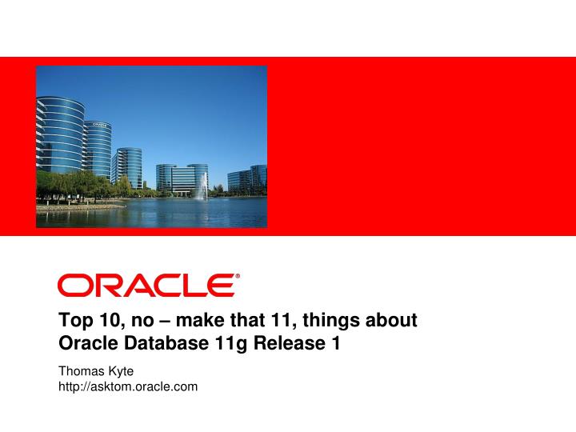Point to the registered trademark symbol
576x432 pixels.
[x=236, y=275]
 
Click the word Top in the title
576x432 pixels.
[x=74, y=322]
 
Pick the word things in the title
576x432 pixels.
[x=331, y=322]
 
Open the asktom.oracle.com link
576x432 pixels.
[x=129, y=387]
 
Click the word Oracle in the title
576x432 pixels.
[x=86, y=344]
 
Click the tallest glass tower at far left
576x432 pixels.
[x=59, y=148]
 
